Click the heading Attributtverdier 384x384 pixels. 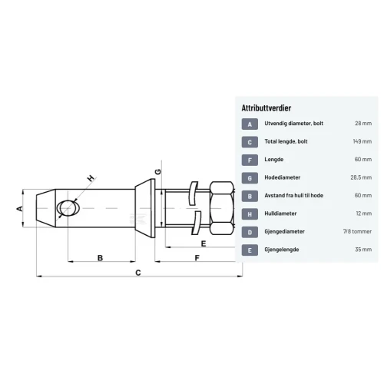point(266,108)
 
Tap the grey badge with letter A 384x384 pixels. point(250,124)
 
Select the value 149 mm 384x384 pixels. point(362,141)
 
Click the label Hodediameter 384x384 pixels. point(282,177)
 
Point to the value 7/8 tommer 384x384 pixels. point(357,231)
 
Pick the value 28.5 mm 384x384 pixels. point(361,177)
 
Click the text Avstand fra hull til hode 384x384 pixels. point(293,195)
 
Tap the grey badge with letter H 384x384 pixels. point(250,214)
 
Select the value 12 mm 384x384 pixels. point(364,214)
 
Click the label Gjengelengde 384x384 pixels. point(282,250)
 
